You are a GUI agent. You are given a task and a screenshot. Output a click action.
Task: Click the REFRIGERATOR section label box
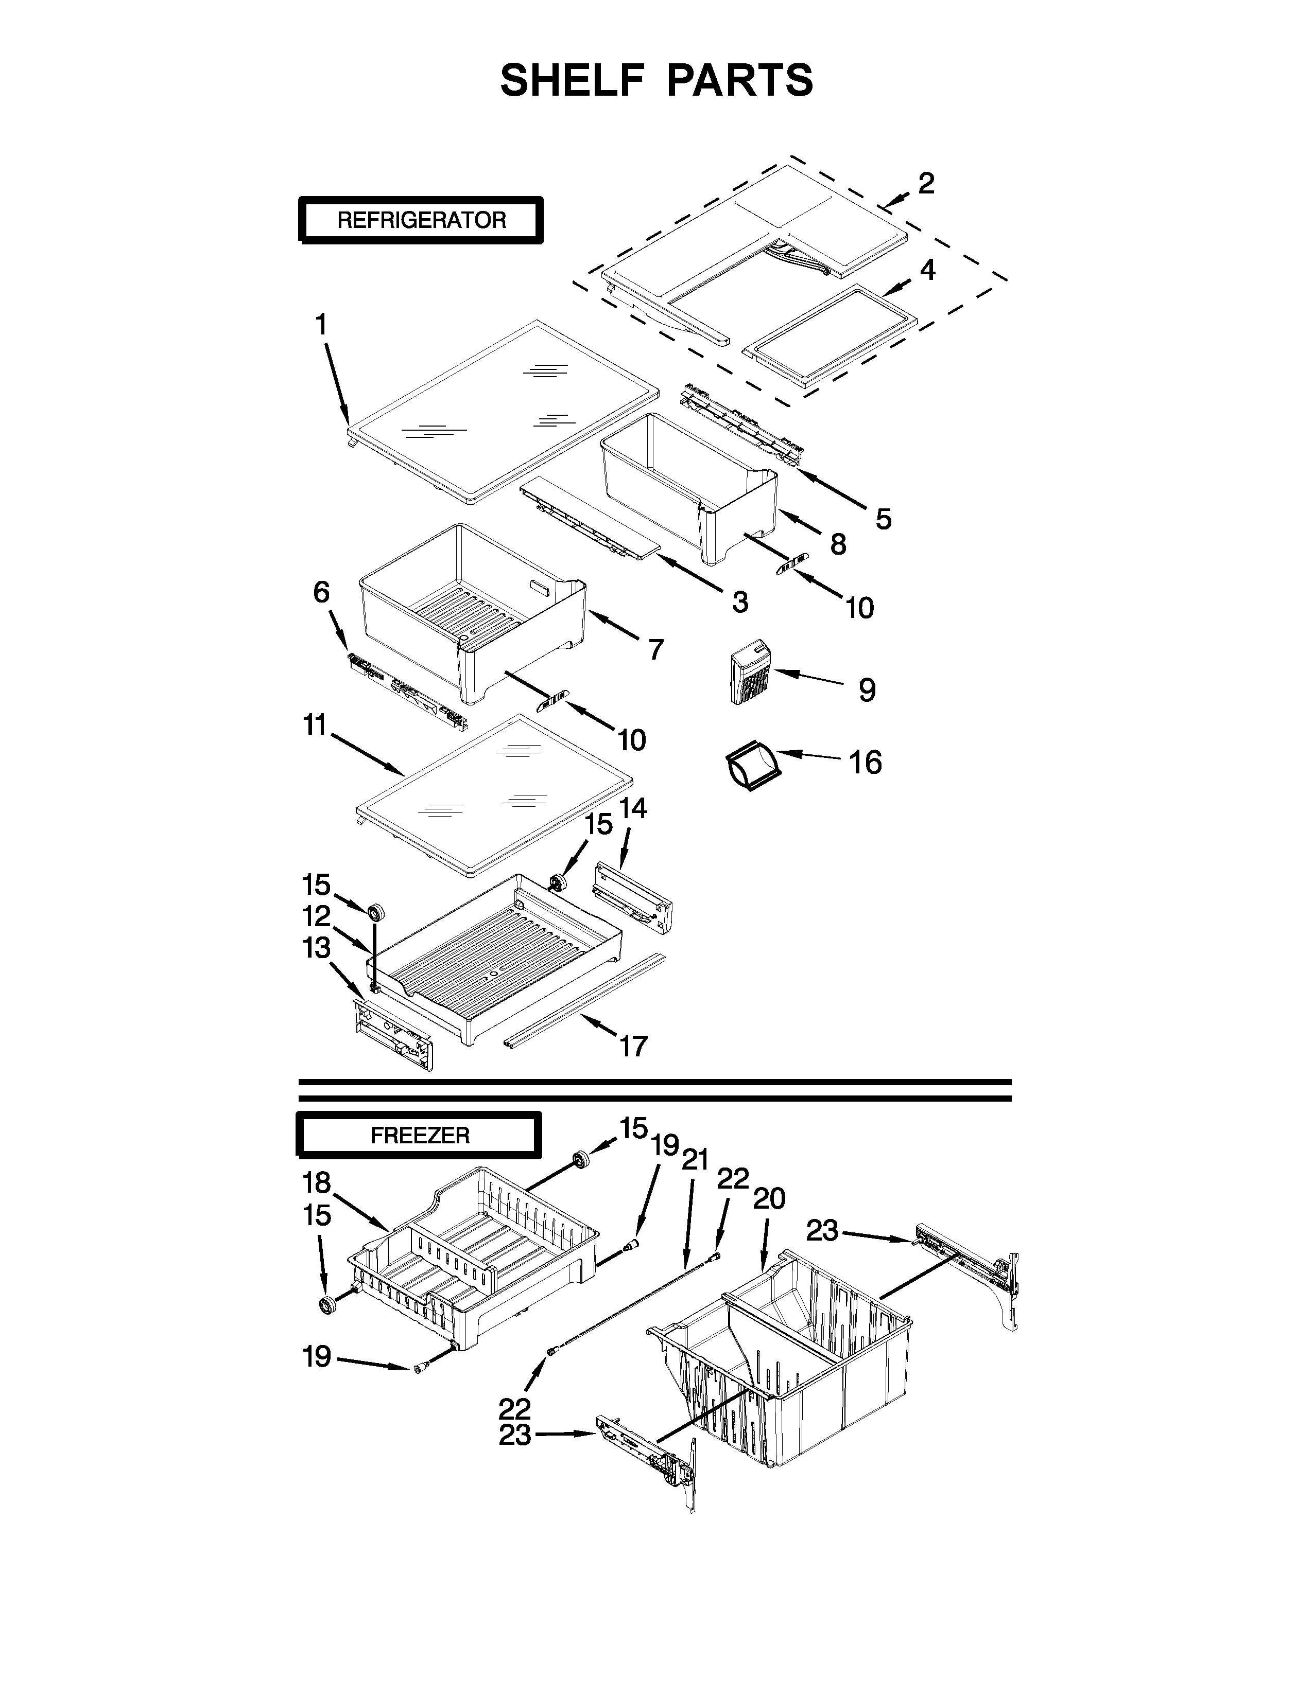click(420, 220)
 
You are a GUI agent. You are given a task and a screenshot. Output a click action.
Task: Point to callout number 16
click(865, 763)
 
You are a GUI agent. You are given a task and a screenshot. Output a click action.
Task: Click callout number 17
click(633, 1046)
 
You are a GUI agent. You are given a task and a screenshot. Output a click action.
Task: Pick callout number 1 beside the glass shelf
click(320, 324)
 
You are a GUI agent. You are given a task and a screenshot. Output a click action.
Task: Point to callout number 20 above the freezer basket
click(769, 1199)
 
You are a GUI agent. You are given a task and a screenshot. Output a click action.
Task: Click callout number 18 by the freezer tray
click(317, 1182)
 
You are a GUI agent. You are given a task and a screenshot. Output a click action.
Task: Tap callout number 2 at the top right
click(926, 184)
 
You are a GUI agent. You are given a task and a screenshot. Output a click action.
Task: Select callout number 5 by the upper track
click(883, 519)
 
